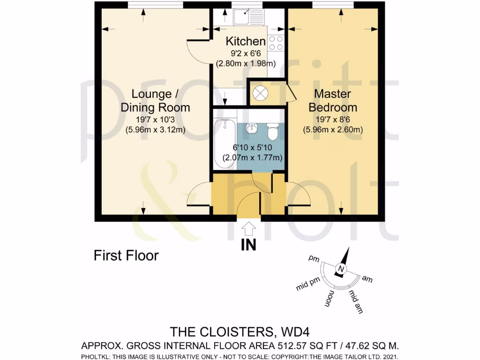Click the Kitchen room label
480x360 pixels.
246,41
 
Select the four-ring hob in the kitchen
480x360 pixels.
276,43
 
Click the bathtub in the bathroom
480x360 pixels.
225,143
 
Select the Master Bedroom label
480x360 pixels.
332,100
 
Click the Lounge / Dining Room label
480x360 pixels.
155,100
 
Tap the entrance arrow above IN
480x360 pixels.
249,229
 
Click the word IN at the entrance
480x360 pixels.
249,245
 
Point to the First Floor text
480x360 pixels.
126,255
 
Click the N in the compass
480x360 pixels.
340,269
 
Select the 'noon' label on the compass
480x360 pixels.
330,298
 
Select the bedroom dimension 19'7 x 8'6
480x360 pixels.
332,120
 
